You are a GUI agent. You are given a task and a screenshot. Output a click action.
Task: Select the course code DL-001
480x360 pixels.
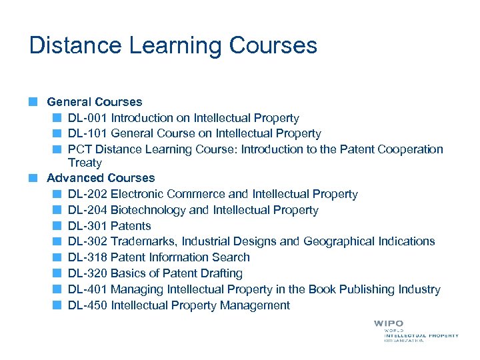point(87,118)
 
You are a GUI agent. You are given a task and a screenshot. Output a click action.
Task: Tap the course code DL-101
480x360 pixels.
point(87,133)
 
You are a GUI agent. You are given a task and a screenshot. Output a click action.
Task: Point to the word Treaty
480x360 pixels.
point(85,163)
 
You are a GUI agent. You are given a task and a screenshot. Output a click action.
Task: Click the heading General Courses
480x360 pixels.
point(94,102)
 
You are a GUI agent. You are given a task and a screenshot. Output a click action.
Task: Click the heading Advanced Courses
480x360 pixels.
point(100,178)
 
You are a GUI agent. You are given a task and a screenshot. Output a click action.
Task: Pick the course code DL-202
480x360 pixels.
point(87,194)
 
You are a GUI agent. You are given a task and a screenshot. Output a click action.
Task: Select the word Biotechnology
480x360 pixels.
point(148,210)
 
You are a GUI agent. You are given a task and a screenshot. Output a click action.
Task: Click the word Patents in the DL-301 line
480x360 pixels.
point(131,226)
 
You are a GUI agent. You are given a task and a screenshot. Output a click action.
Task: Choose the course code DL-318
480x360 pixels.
point(87,257)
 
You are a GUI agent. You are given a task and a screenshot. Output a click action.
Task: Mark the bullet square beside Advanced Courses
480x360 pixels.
point(33,178)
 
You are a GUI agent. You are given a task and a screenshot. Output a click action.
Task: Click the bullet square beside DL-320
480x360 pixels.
point(58,273)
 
